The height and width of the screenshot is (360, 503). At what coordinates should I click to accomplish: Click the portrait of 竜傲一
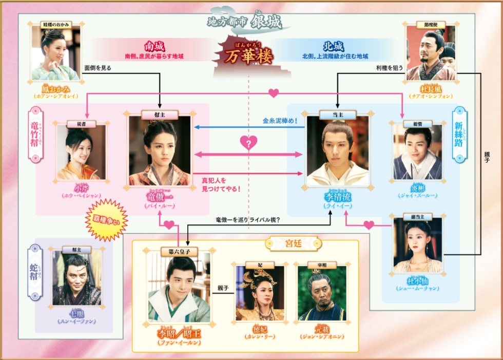click(x=160, y=150)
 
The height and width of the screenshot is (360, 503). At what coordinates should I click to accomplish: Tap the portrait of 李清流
click(x=337, y=150)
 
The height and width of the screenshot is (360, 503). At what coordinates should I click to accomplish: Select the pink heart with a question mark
click(x=248, y=143)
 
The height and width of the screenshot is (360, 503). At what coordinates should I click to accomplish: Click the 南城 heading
click(x=154, y=46)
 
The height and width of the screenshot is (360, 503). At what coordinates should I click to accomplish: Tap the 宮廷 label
click(x=293, y=241)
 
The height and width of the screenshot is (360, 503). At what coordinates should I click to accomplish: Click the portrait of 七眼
click(x=76, y=278)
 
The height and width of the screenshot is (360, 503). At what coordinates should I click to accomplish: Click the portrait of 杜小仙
click(x=418, y=245)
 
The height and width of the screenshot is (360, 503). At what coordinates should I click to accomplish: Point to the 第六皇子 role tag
click(x=179, y=252)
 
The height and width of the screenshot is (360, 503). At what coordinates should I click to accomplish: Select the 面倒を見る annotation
click(x=98, y=67)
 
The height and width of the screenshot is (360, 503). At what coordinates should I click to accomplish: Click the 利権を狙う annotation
click(x=391, y=67)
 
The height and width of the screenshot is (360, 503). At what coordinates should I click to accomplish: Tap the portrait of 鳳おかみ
click(x=55, y=53)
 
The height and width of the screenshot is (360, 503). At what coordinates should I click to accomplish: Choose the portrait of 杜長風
click(x=431, y=53)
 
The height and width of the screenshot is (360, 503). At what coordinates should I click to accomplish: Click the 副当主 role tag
click(x=417, y=217)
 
